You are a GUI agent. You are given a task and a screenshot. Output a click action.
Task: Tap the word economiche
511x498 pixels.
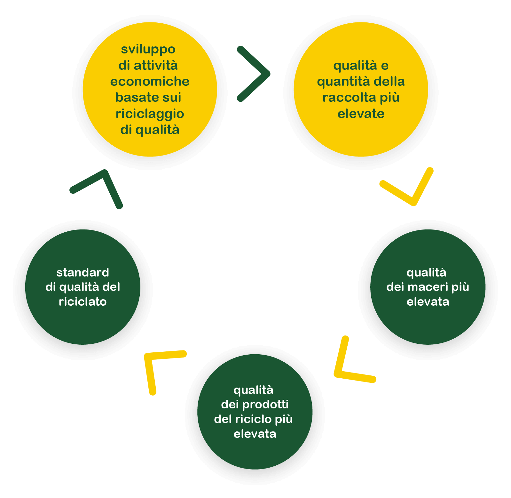(x=150, y=82)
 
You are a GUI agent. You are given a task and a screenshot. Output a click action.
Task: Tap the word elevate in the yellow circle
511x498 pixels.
(x=361, y=114)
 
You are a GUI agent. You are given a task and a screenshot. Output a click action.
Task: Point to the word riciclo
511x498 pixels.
(x=254, y=419)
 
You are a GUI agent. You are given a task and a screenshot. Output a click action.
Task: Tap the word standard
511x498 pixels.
(x=83, y=272)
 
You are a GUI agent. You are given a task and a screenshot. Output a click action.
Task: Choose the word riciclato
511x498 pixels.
(x=83, y=301)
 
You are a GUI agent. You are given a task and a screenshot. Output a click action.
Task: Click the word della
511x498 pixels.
(x=389, y=81)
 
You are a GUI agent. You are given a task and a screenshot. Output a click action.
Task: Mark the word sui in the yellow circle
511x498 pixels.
(x=171, y=97)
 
